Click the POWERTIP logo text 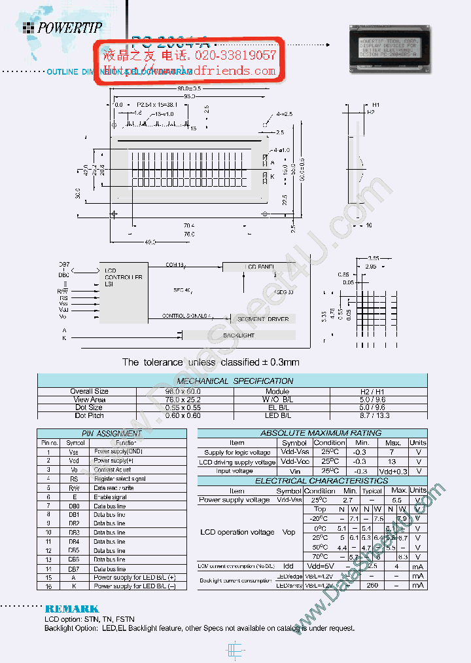click(x=69, y=28)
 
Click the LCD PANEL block click(x=259, y=267)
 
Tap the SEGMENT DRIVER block click(x=258, y=318)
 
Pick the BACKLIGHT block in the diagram click(x=238, y=335)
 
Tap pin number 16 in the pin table click(x=48, y=586)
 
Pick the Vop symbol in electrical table click(x=288, y=532)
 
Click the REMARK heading click(x=72, y=609)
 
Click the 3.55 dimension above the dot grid click(x=374, y=258)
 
